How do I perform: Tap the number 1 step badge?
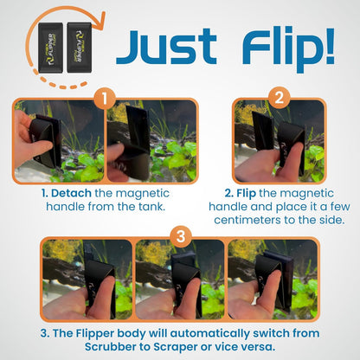[x=105, y=99]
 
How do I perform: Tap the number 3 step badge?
[x=180, y=235]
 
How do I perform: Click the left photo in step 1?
[x=58, y=142]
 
